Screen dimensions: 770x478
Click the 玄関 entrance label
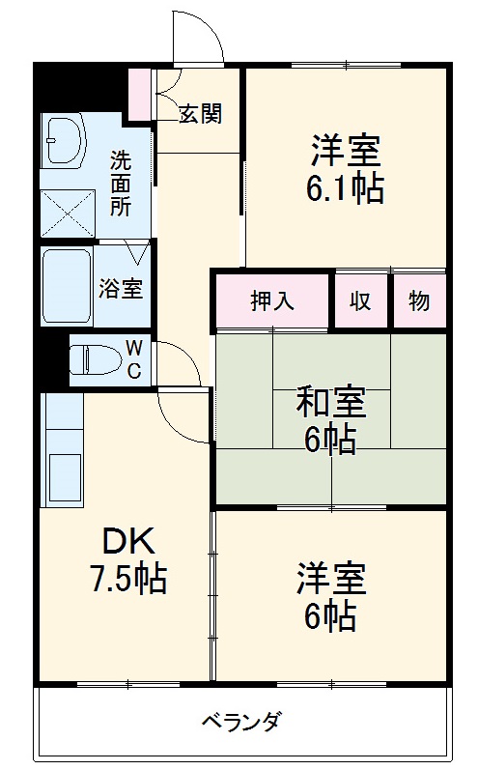point(200,114)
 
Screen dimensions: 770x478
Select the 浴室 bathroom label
point(121,288)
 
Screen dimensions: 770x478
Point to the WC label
point(135,359)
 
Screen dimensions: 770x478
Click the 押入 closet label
point(272,302)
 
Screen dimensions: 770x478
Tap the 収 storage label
point(361,302)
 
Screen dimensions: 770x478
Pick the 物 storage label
point(418,302)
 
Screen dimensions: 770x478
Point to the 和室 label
point(330,401)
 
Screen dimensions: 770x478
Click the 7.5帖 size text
point(123,580)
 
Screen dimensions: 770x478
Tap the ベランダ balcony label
point(242,722)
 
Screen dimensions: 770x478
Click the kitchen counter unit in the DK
point(64,454)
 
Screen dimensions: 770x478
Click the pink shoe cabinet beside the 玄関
point(141,94)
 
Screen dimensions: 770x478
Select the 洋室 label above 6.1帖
point(346,149)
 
